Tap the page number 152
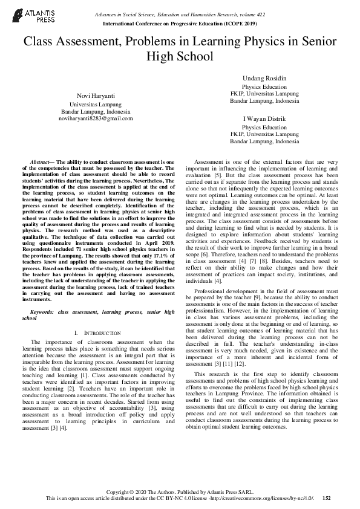point(327,498)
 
